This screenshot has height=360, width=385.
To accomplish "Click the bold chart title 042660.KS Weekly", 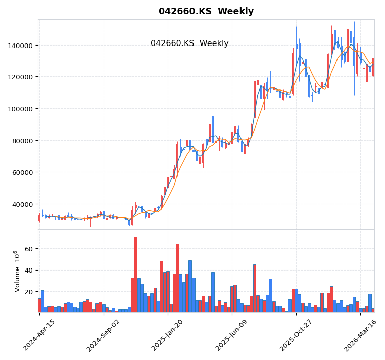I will [x=206, y=11].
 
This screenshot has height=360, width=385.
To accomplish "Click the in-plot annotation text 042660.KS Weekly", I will [x=189, y=43].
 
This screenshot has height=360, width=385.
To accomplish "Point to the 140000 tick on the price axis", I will [x=20, y=45].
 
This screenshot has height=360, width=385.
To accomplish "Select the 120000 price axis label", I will [x=20, y=77].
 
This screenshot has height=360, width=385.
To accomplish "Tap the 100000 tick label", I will [x=20, y=109].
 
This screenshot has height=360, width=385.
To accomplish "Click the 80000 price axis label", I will [x=22, y=141].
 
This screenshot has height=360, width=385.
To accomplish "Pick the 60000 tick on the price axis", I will [x=22, y=172].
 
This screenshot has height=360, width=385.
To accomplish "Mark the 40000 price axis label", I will [x=22, y=204].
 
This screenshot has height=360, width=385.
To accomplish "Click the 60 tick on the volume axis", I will [x=28, y=249].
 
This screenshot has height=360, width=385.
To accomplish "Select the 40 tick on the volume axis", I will [x=28, y=271].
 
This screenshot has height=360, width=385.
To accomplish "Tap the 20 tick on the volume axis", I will [x=28, y=292].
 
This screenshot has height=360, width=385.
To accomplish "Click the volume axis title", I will [x=17, y=271].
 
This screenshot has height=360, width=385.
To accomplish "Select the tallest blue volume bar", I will [x=177, y=278].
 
